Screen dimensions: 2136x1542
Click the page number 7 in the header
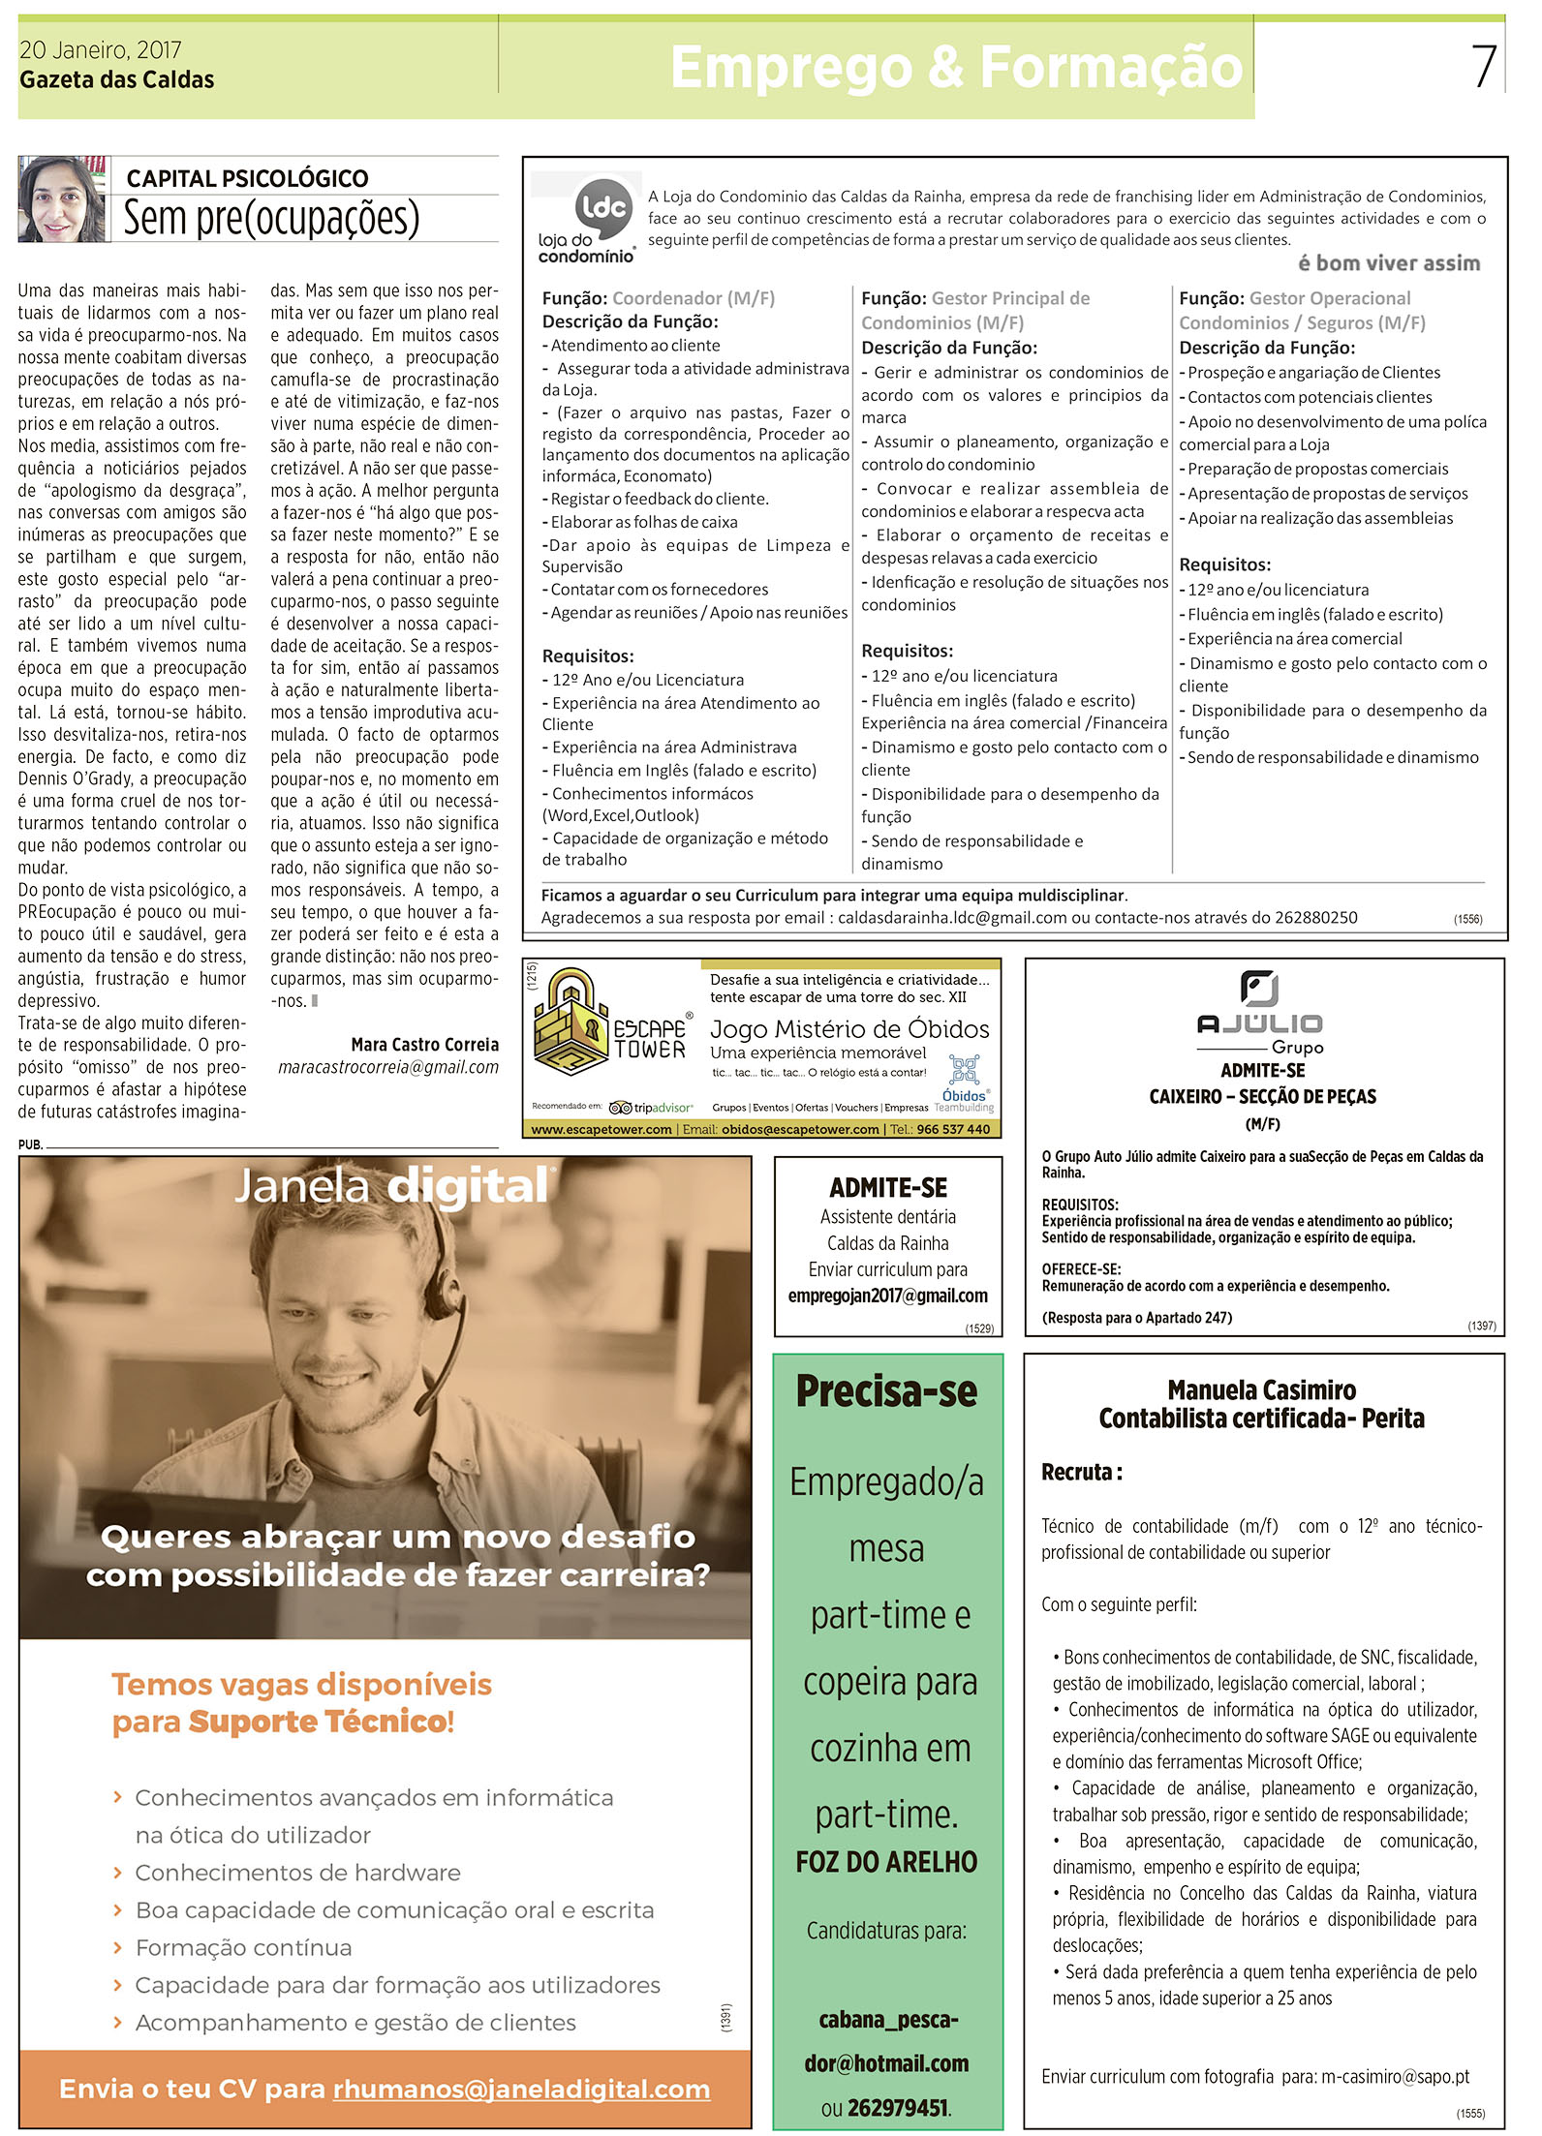tap(1484, 67)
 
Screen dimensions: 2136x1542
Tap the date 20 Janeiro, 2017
tap(100, 50)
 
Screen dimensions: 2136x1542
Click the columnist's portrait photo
tap(62, 199)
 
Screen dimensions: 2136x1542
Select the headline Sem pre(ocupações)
tap(271, 218)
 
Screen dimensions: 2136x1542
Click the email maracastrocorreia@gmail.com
tap(388, 1067)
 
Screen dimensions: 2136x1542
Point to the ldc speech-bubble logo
tap(604, 207)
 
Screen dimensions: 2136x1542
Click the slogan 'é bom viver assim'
tap(1388, 263)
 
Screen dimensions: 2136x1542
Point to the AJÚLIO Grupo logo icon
tap(1259, 989)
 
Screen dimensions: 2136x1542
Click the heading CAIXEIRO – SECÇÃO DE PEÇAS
tap(1262, 1096)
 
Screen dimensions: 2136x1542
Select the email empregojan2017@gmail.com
tap(887, 1296)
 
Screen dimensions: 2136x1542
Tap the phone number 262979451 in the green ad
tap(898, 2107)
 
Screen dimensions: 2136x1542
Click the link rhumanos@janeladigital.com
tap(521, 2089)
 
